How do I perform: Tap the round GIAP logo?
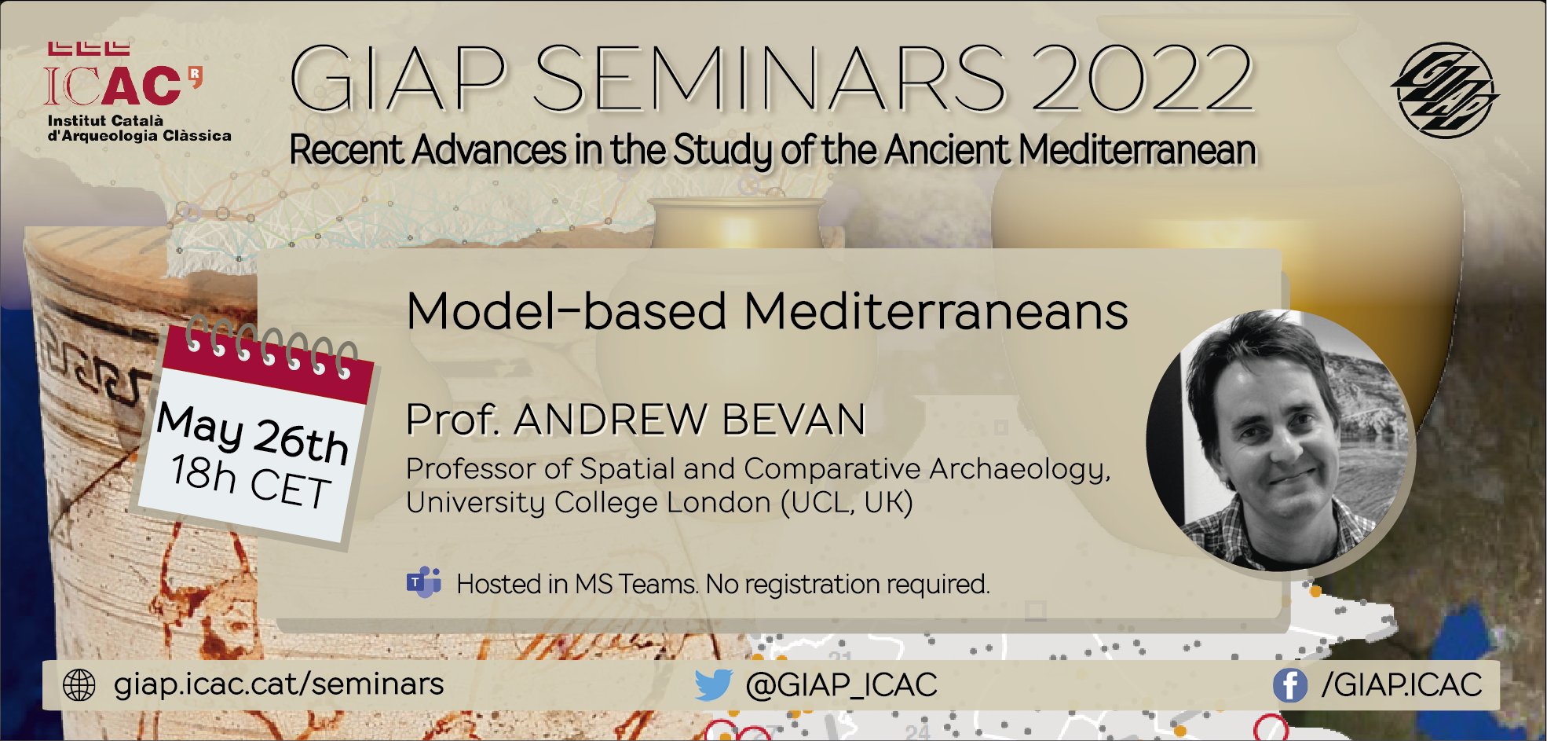coord(1445,88)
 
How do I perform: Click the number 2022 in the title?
coord(1143,79)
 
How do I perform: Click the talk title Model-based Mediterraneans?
coord(767,311)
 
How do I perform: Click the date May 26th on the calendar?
coord(252,433)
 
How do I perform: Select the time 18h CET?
coord(250,481)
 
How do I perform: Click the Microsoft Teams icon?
coord(424,582)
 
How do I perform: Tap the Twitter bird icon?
coord(713,684)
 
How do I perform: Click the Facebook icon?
coord(1289,685)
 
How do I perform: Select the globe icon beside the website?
coord(79,685)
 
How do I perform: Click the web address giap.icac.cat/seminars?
coord(279,684)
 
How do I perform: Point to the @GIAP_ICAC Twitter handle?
coord(841,685)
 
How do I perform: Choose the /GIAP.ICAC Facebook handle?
coord(1402,685)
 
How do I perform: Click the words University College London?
coord(588,502)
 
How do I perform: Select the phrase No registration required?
coord(847,584)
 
